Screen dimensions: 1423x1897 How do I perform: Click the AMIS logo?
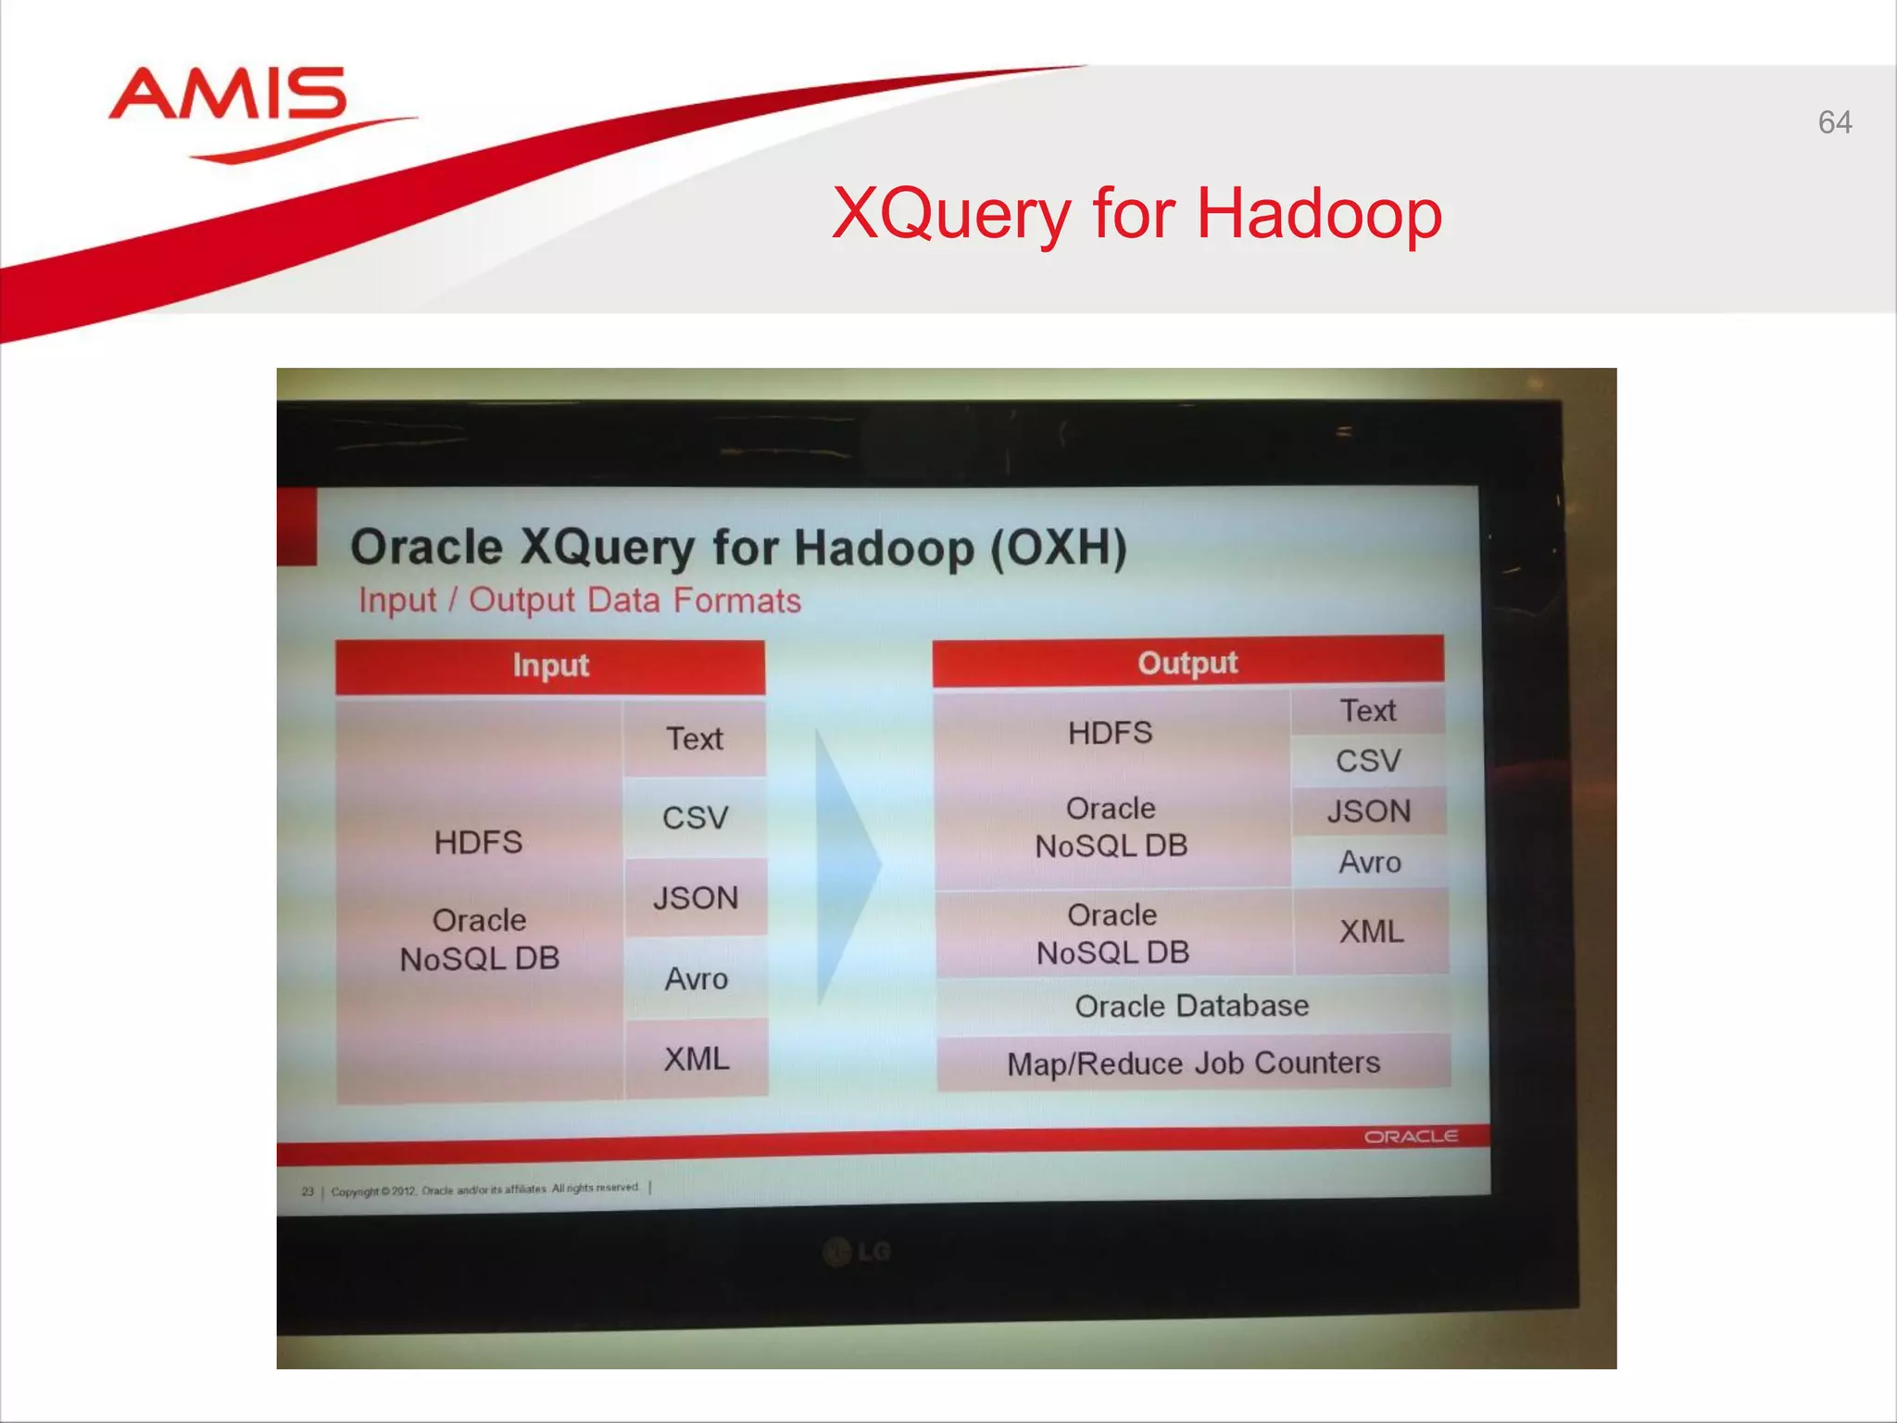tap(230, 98)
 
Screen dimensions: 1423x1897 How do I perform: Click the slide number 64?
tap(1834, 123)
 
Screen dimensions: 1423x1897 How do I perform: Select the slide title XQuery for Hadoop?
tap(1137, 214)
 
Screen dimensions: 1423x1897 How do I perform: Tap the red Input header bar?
tap(550, 666)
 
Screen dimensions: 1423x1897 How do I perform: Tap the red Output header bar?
tap(1187, 662)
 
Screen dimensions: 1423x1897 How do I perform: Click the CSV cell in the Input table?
tap(695, 818)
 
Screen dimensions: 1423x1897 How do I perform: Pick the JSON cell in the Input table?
tap(696, 898)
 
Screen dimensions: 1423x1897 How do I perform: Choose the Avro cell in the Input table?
tap(696, 978)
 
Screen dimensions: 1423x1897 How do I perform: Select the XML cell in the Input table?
tap(697, 1058)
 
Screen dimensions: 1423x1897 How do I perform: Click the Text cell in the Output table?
tap(1368, 711)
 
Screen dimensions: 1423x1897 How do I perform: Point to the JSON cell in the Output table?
tap(1369, 812)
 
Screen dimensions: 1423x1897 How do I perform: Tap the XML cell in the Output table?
tap(1371, 931)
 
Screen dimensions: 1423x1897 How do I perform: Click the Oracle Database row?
tap(1192, 1006)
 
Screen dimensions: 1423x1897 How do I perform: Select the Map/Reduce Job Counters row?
tap(1193, 1063)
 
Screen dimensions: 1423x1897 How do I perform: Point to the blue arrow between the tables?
tap(845, 866)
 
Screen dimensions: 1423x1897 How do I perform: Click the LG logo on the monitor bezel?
tap(857, 1253)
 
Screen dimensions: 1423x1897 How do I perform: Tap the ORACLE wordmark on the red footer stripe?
tap(1410, 1137)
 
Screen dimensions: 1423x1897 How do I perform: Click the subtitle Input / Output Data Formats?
tap(580, 600)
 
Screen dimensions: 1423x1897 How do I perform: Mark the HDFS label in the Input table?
tap(479, 842)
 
